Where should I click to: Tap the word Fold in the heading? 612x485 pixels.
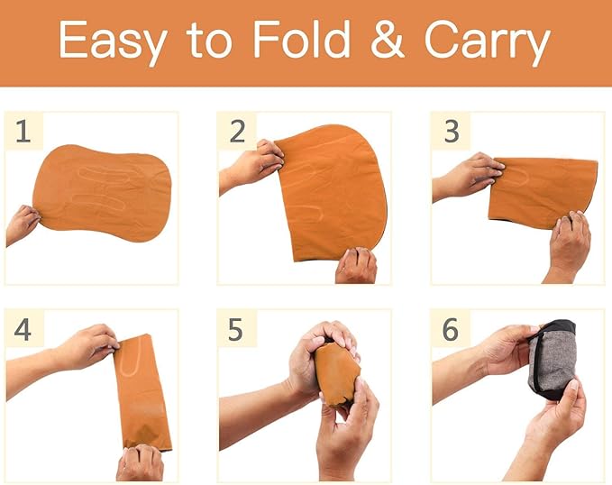[x=301, y=39]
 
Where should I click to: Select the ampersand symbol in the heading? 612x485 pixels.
[x=387, y=40]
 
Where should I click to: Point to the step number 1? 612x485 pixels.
[x=23, y=132]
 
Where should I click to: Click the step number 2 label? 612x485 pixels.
[x=237, y=132]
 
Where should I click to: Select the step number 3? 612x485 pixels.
[x=452, y=132]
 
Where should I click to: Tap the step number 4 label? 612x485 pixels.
[x=23, y=329]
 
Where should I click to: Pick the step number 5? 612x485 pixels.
[x=235, y=329]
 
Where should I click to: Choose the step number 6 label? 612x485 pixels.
[x=451, y=329]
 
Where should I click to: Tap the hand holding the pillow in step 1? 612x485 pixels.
[x=22, y=224]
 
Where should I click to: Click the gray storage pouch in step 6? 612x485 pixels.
[x=552, y=360]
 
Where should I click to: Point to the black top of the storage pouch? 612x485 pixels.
[x=558, y=327]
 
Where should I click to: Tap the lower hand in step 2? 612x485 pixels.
[x=356, y=265]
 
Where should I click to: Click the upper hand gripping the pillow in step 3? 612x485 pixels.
[x=469, y=177]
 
